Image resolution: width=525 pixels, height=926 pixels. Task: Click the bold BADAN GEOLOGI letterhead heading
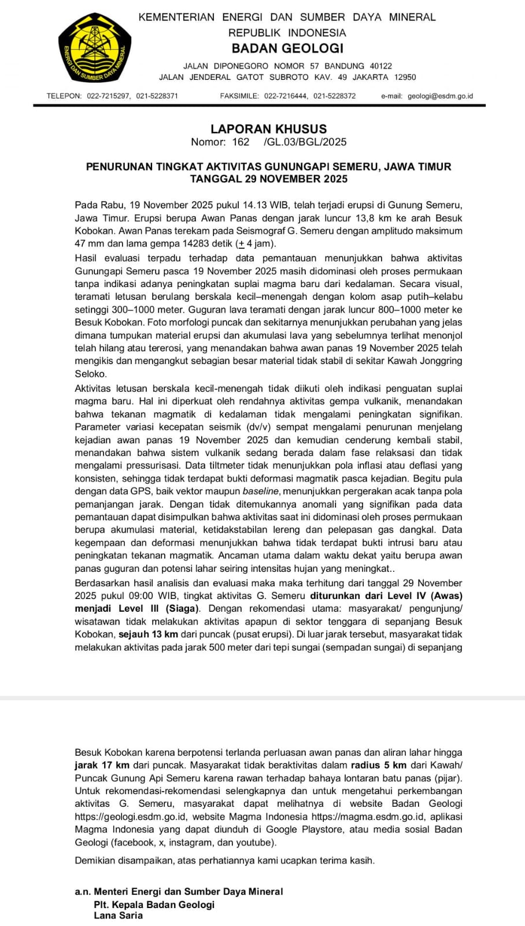point(287,49)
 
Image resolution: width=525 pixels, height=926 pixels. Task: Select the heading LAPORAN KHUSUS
point(268,129)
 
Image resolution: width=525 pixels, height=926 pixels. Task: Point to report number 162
point(241,142)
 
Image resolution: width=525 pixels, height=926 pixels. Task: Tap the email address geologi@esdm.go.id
point(440,96)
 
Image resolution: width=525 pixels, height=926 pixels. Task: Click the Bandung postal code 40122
point(381,66)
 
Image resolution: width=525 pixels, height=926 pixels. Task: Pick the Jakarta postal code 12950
point(405,77)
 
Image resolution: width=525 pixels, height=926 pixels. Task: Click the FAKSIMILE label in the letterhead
point(239,96)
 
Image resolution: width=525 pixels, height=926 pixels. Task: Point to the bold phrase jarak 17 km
point(102,765)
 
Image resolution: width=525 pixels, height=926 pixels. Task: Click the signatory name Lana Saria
point(118,916)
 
